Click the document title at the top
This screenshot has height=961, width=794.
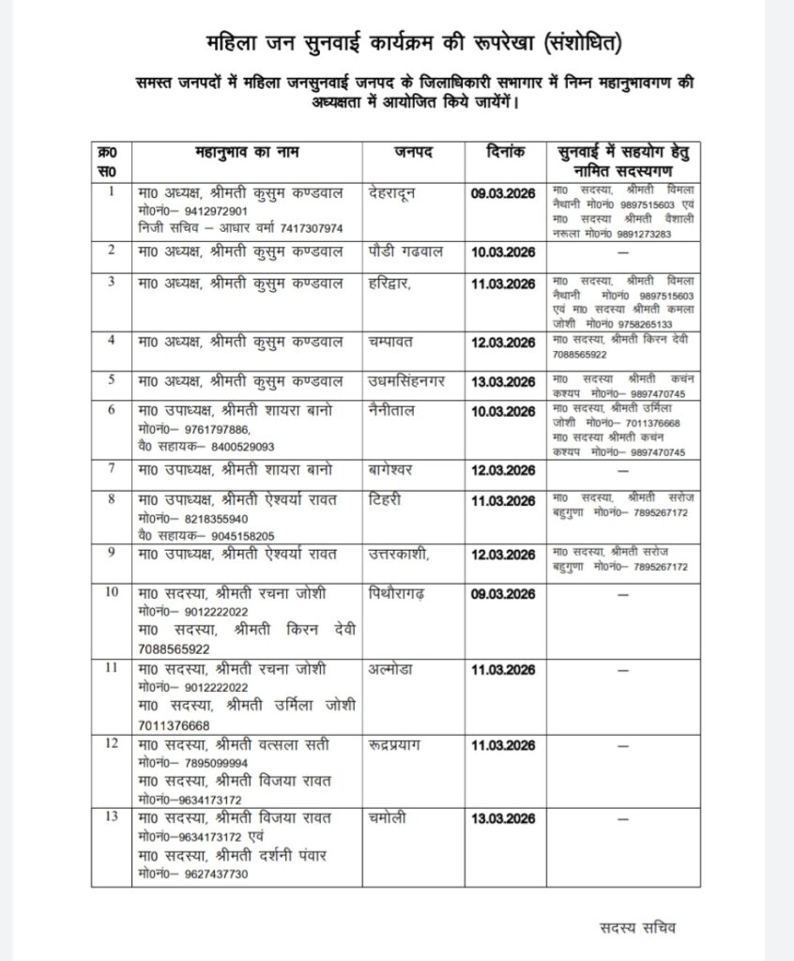coord(413,43)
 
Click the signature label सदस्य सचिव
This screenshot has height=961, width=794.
coord(638,927)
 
